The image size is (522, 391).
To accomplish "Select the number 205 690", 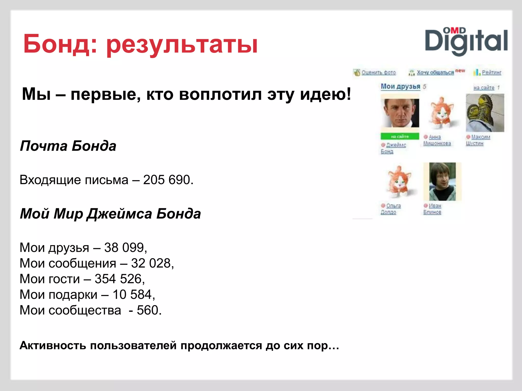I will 167,180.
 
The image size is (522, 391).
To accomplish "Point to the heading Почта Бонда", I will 68,146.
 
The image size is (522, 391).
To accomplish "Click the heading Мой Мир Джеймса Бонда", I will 110,214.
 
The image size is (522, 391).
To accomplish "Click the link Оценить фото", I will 379,73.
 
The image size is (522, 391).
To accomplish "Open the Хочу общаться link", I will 435,73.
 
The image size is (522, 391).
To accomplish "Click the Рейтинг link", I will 491,73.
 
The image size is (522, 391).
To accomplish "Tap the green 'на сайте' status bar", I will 400,136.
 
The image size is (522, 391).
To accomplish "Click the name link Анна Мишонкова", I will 437,140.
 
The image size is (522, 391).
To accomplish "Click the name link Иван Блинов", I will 432,209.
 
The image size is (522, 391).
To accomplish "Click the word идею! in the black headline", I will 325,94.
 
